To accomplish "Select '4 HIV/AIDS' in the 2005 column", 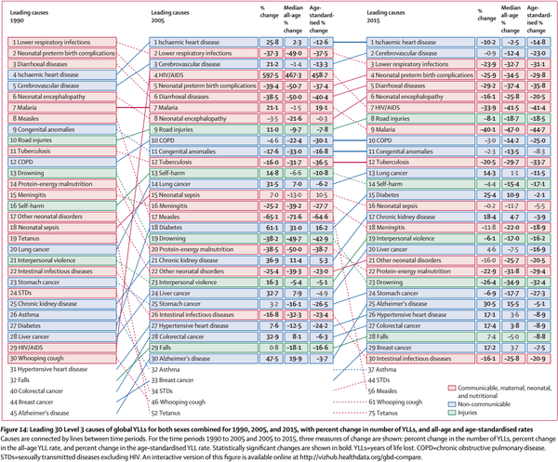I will (x=182, y=73).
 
